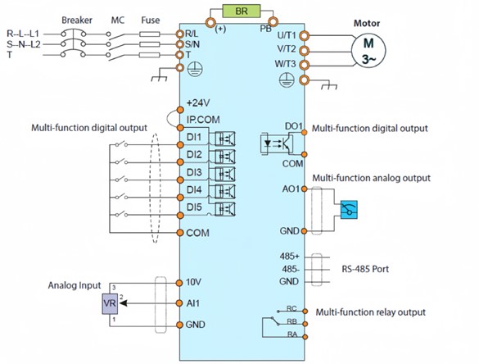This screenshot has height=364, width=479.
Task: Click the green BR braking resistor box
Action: [x=242, y=11]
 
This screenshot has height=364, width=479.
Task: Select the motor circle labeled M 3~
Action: [x=368, y=50]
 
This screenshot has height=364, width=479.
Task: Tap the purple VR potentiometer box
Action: [x=110, y=303]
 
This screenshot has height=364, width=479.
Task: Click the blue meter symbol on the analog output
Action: [x=349, y=210]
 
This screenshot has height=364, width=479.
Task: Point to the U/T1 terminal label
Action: [x=287, y=35]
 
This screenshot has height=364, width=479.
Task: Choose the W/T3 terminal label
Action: [x=285, y=64]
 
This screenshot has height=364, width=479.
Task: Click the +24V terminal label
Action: [x=198, y=102]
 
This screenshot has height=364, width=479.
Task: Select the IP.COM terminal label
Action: [x=203, y=120]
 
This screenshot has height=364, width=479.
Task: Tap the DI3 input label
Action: [x=194, y=172]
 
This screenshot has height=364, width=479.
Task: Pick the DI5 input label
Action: [x=194, y=207]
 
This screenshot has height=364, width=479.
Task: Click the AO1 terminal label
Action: [x=291, y=189]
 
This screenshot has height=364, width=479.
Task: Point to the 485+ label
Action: [x=290, y=256]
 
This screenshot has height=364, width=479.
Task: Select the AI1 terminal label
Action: [x=192, y=303]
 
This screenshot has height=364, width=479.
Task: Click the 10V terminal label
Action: [x=193, y=282]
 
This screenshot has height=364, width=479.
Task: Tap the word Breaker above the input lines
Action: [x=77, y=20]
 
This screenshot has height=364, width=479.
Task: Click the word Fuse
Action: [x=151, y=20]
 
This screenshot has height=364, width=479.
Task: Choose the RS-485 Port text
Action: [x=365, y=269]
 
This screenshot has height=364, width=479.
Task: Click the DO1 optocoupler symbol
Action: [x=277, y=143]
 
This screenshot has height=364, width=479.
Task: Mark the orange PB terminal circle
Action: [x=273, y=21]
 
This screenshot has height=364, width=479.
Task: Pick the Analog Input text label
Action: [x=75, y=285]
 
